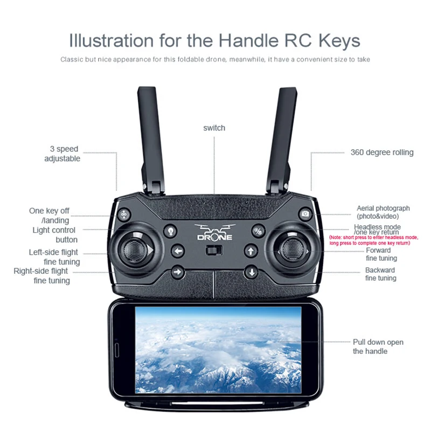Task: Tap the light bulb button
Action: [170, 231]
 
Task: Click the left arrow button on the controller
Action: [178, 251]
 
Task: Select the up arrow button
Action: [251, 251]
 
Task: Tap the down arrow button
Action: [251, 272]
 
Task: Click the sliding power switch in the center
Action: [214, 251]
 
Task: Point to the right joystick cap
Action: [291, 249]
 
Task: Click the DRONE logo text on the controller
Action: [214, 237]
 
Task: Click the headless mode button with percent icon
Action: [259, 231]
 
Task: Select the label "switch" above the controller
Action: [214, 128]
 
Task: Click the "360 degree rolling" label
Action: [382, 152]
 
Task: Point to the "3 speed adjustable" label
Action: [63, 154]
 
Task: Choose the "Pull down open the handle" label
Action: [378, 346]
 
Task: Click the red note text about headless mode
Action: [373, 240]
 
